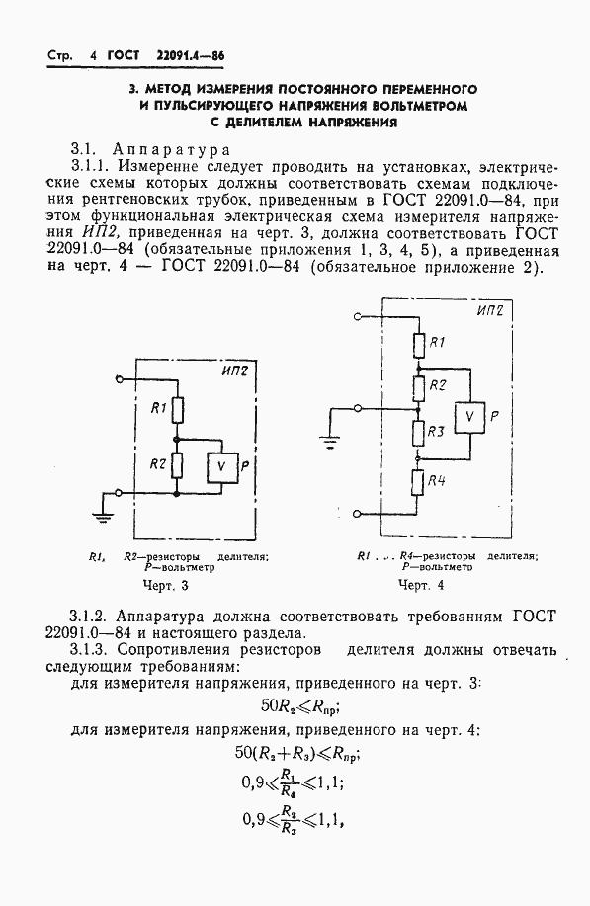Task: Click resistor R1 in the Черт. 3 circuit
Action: coord(178,407)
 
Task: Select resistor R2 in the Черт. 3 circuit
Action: coord(178,463)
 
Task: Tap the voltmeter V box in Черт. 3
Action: coord(222,464)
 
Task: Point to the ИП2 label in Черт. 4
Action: coord(490,311)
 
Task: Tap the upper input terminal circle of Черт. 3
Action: coord(120,378)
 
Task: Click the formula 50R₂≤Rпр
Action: coord(297,706)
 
